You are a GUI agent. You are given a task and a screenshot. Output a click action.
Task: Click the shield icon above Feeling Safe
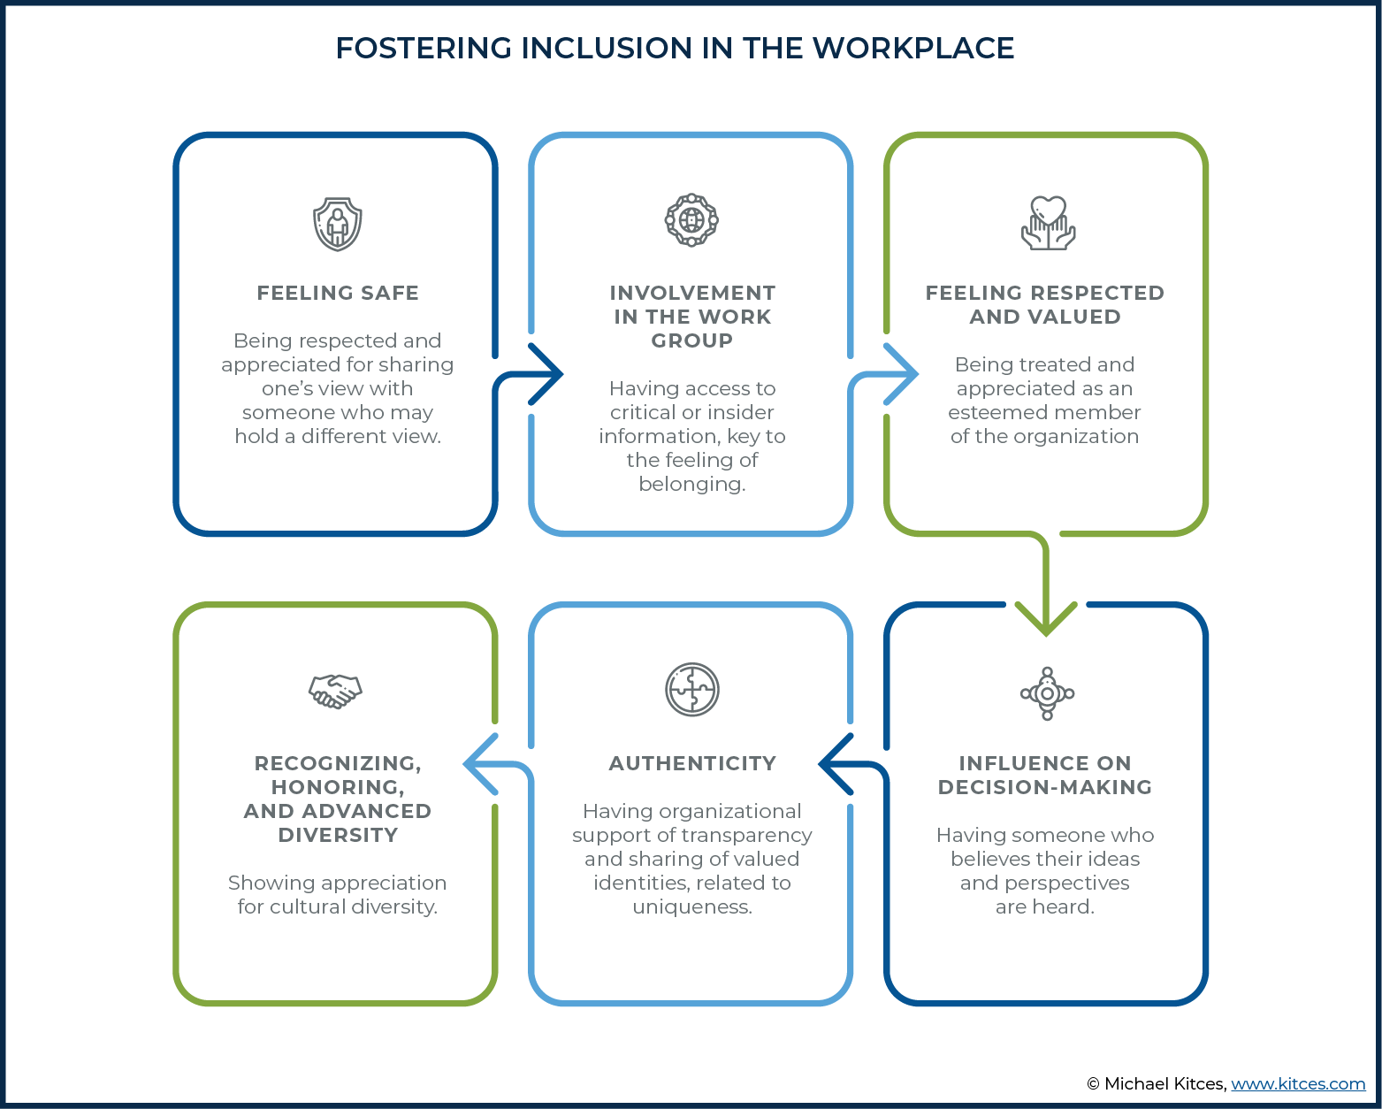coord(337,224)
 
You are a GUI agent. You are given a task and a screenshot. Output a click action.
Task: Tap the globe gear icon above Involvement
coord(691,219)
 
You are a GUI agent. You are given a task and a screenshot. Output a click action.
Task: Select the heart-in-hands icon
coord(1048,222)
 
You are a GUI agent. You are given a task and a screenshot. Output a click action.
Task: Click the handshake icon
coord(335,692)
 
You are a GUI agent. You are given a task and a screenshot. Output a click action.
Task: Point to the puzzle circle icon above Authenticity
coord(691,690)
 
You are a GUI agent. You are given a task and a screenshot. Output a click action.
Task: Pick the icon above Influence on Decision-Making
coord(1047,693)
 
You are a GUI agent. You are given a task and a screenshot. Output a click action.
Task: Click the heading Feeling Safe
coord(338,293)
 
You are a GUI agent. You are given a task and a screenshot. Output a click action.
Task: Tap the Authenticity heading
coord(692,763)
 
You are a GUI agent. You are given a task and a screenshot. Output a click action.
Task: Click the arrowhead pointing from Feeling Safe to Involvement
coord(548,374)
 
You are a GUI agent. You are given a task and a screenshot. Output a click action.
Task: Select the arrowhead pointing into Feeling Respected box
coord(903,374)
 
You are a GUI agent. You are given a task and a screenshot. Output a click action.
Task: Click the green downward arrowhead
coord(1046,618)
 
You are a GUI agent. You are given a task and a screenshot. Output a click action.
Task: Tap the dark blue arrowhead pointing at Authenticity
coord(834,764)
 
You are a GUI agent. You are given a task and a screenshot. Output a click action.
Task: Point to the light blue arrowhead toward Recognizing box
coord(479,764)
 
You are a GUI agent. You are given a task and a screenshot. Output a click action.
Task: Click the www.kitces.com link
coord(1298,1084)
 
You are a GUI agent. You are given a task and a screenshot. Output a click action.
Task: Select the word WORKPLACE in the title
coord(913,48)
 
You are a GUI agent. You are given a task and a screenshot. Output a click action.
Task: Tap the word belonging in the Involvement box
coord(692,484)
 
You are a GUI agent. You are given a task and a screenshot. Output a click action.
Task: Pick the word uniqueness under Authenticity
coord(692,906)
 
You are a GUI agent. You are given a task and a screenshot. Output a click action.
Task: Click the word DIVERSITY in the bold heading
coord(338,835)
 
